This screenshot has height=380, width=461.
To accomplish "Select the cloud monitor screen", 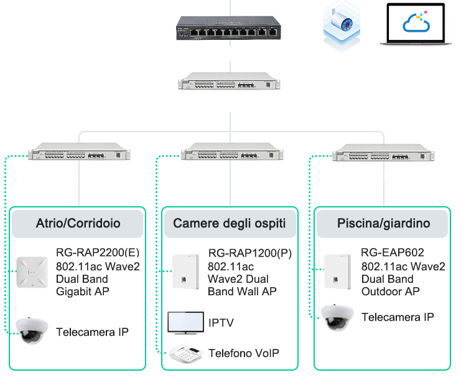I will coord(416,25).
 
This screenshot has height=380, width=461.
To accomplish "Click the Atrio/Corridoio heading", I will coord(78,223).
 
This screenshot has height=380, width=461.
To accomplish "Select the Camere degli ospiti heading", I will coord(230,223).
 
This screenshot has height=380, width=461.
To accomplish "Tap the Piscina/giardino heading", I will coord(383,223).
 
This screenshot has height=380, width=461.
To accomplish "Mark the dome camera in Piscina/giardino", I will coord(337,317).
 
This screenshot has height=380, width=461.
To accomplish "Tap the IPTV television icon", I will coord(185,322).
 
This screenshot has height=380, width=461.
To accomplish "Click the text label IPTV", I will coord(221,323).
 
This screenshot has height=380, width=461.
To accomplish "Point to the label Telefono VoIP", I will coord(243,353).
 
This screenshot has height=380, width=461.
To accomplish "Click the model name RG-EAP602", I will coord(392,253).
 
